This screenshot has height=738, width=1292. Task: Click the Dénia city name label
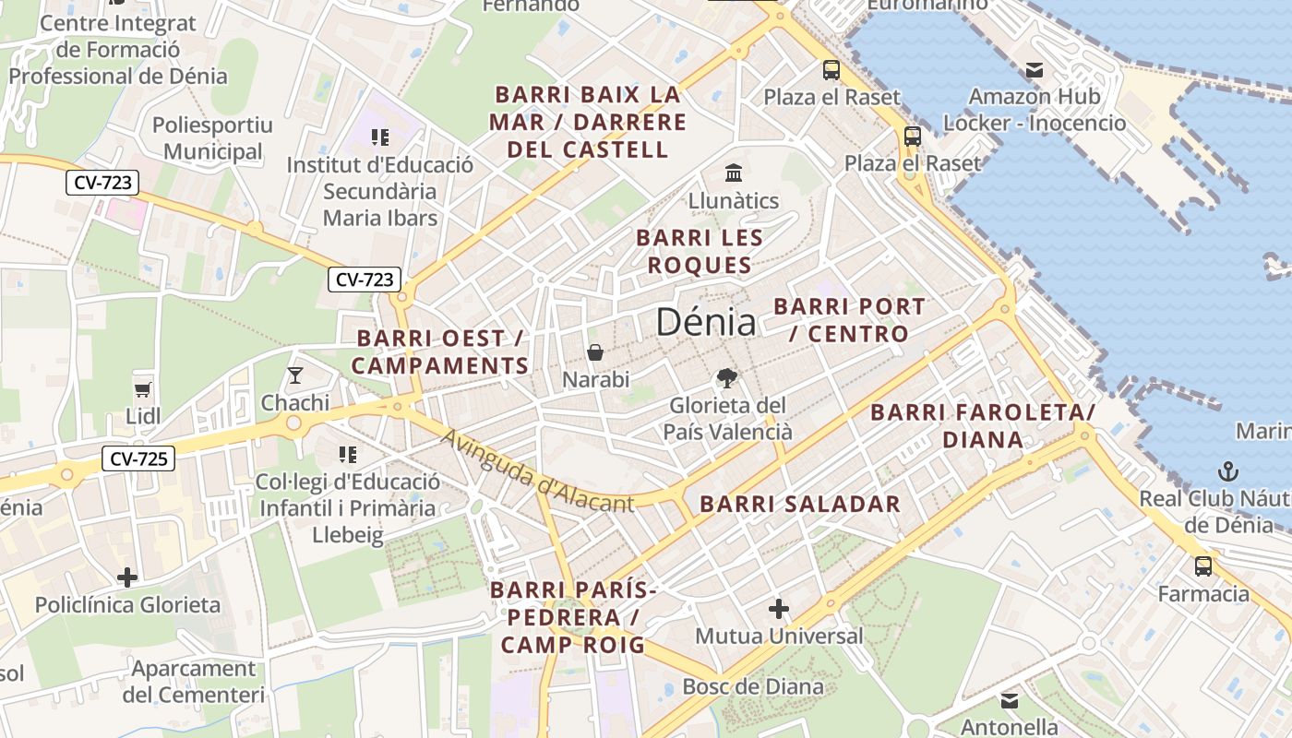[706, 322]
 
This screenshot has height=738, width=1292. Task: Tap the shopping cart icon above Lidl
[142, 388]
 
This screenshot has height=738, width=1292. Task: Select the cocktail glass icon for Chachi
[294, 375]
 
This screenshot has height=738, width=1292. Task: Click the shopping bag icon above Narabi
[595, 352]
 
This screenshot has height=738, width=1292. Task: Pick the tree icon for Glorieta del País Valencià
[727, 377]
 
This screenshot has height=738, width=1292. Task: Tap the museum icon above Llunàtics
[734, 173]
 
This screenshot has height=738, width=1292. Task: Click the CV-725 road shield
[138, 458]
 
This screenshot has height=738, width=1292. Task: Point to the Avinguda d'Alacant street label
[538, 471]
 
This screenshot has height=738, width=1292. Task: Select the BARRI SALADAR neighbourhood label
[799, 504]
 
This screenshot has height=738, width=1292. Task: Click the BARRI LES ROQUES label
[700, 252]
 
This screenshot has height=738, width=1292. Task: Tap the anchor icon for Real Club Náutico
[1227, 471]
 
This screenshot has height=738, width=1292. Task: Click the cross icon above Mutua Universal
[779, 609]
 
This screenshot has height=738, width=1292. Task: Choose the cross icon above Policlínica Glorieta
[127, 578]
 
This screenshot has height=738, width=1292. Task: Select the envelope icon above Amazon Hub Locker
[1034, 69]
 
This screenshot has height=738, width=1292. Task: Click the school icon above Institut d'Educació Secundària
[379, 137]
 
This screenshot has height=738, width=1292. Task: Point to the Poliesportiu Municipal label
[213, 138]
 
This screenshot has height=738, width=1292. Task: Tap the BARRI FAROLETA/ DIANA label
[983, 425]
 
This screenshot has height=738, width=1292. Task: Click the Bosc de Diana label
[753, 686]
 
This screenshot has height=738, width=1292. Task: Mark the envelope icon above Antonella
[1010, 700]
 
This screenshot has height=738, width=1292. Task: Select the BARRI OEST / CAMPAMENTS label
[440, 352]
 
